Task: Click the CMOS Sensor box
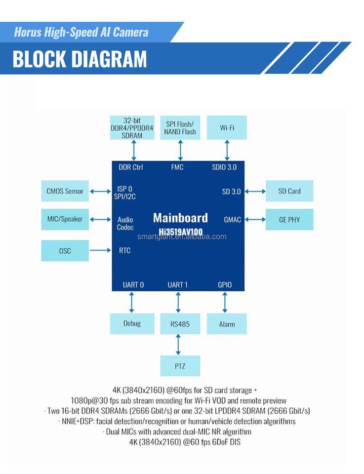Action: coord(65,191)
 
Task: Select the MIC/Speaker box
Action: coord(65,219)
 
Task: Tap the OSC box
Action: coord(65,251)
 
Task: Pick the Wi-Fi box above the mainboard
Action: coord(227,128)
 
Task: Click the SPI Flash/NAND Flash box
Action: coord(180,128)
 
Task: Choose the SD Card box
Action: coord(289,191)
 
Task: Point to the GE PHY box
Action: coord(289,220)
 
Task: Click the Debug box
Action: coord(132,323)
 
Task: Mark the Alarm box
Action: coord(227,324)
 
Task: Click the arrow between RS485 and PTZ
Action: coord(178,345)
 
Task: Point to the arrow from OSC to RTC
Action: coord(101,251)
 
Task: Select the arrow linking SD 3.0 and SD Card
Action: coord(255,191)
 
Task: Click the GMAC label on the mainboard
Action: coord(232,220)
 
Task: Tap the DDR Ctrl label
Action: coord(131,167)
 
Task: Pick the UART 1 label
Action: coord(178,285)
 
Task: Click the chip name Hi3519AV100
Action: coord(180,231)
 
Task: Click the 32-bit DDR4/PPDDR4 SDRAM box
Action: coord(132,128)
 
